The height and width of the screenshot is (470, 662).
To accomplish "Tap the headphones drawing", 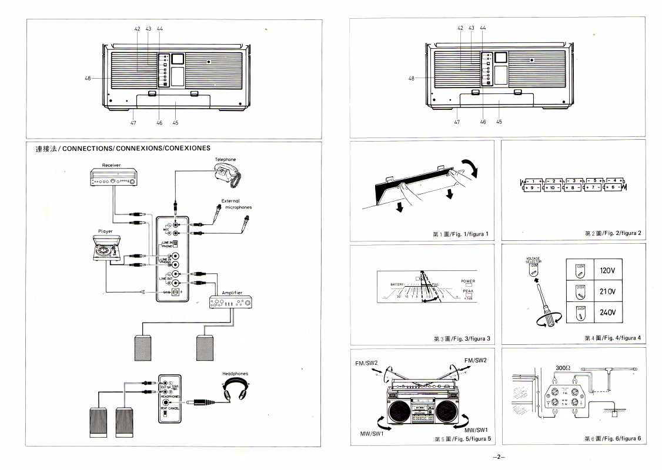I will (235, 390).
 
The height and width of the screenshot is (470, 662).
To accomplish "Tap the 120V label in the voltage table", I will (607, 271).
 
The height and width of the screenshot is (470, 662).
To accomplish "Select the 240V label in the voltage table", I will (607, 312).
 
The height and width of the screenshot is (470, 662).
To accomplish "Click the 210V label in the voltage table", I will (607, 292).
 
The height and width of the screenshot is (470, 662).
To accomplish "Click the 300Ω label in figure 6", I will (563, 368).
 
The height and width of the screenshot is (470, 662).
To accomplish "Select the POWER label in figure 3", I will (468, 281).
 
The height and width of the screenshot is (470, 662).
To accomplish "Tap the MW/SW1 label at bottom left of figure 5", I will (372, 434).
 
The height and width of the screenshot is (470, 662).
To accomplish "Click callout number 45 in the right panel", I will (499, 122).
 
